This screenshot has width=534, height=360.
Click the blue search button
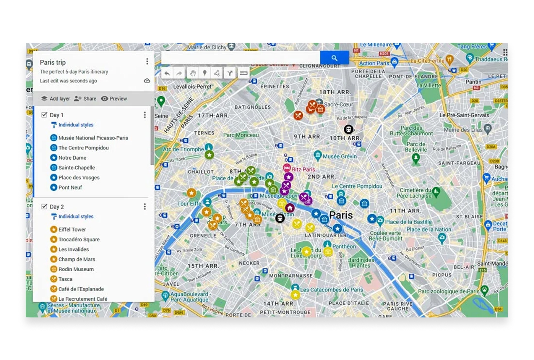[334, 58]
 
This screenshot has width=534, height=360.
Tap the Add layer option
[56, 99]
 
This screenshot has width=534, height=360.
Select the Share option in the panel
[85, 99]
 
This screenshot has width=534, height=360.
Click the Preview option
[114, 99]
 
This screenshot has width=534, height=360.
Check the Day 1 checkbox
[44, 115]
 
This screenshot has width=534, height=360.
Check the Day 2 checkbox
[44, 206]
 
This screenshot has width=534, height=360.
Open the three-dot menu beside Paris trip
[147, 61]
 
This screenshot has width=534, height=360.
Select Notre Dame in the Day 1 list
[72, 158]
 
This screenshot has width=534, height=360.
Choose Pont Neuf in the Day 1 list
[70, 187]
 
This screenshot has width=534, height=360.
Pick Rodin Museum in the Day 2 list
[76, 269]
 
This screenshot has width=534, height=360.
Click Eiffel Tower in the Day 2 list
[72, 230]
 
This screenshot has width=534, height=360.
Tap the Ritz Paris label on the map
[303, 169]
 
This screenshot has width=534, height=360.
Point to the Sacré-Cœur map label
[338, 104]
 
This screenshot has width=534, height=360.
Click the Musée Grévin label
[340, 156]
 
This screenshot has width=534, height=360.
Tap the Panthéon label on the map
[344, 247]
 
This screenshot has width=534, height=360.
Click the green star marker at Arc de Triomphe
[209, 155]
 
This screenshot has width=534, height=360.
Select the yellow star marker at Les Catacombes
[295, 295]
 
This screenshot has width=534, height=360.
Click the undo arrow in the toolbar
[167, 73]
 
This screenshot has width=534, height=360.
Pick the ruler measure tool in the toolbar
[244, 73]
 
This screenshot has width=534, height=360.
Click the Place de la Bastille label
[408, 222]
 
